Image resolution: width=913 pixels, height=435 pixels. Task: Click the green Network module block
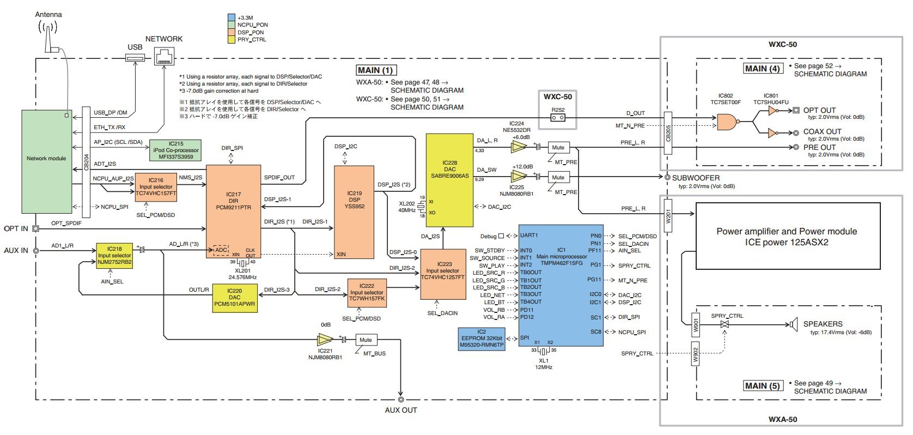[46, 161]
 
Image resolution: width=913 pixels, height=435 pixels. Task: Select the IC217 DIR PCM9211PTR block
[233, 211]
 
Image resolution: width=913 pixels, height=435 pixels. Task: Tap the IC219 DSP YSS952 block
[354, 212]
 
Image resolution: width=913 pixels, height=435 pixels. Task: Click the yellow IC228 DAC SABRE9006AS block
[449, 180]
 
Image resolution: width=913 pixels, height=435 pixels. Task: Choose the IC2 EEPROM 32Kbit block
[482, 339]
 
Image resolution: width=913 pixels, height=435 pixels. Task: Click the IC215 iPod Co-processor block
[175, 150]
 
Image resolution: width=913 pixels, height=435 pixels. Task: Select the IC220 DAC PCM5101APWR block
[234, 298]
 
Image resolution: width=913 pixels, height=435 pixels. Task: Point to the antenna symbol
[48, 36]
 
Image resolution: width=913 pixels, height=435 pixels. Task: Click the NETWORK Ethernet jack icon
[164, 56]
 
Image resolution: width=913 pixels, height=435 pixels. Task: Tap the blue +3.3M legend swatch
[231, 17]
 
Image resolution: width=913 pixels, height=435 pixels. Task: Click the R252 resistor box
[557, 117]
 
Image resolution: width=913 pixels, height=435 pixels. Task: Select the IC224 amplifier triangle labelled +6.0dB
[519, 146]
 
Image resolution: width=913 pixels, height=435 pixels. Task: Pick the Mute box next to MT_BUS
[366, 340]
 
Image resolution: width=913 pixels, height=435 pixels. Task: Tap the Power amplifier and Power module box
[787, 236]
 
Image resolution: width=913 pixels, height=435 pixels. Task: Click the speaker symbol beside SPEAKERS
[793, 324]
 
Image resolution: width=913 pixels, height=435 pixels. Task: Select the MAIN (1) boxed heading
[375, 70]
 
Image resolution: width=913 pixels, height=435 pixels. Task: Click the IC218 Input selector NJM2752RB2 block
[114, 255]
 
